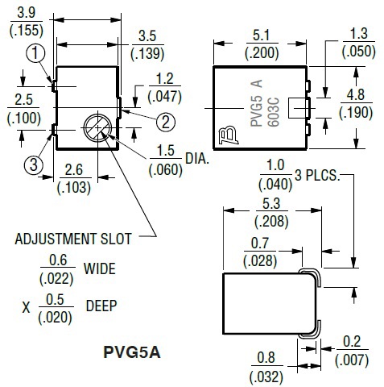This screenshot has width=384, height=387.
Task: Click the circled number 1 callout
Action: click(35, 52)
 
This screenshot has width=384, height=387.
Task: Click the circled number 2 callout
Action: click(166, 122)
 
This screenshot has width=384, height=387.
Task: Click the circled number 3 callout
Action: click(34, 164)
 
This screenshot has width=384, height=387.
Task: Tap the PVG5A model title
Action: click(132, 352)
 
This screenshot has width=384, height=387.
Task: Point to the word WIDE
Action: click(100, 268)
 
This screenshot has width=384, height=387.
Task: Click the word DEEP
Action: click(101, 306)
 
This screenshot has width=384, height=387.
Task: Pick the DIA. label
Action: click(197, 159)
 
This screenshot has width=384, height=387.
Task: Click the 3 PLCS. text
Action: click(317, 176)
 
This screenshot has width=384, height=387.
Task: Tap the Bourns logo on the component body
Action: click(228, 135)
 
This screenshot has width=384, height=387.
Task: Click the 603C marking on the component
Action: click(274, 112)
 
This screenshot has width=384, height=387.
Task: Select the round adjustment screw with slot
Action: click(97, 128)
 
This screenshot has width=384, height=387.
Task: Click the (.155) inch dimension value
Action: click(27, 31)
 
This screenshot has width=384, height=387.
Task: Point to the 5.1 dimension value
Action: click(262, 35)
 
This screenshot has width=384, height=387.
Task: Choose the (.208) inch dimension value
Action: click(271, 222)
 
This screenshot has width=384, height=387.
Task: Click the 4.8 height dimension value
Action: click(356, 95)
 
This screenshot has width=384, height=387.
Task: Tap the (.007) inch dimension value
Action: click(352, 360)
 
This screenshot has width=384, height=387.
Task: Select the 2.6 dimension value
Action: click(74, 170)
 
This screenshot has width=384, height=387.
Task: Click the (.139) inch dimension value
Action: click(147, 53)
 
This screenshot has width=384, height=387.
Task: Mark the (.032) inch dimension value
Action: click(266, 377)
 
